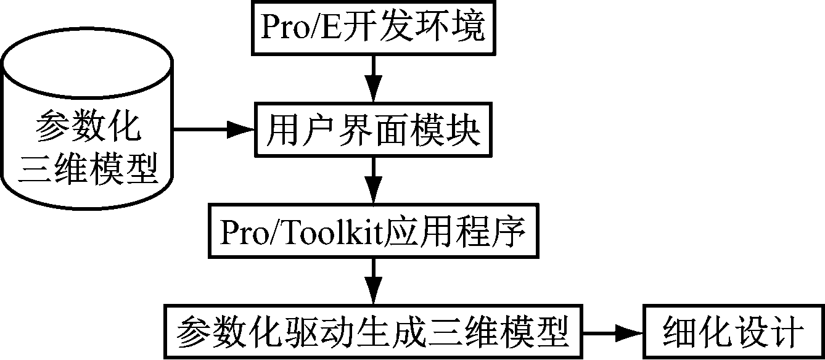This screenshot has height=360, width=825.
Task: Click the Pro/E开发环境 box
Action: click(374, 27)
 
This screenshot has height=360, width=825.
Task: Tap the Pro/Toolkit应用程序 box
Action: click(374, 233)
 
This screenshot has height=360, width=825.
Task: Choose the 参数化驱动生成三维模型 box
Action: click(373, 333)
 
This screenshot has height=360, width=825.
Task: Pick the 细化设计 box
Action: click(733, 333)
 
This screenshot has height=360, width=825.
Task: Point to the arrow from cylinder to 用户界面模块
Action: click(213, 130)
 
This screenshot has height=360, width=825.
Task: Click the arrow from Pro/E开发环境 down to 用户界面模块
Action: click(374, 79)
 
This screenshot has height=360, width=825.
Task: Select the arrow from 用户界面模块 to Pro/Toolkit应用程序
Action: click(374, 181)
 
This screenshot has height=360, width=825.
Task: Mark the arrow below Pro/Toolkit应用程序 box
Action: click(374, 282)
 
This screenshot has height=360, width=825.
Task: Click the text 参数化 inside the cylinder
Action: click(87, 128)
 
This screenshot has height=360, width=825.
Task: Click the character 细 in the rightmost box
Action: click(680, 333)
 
